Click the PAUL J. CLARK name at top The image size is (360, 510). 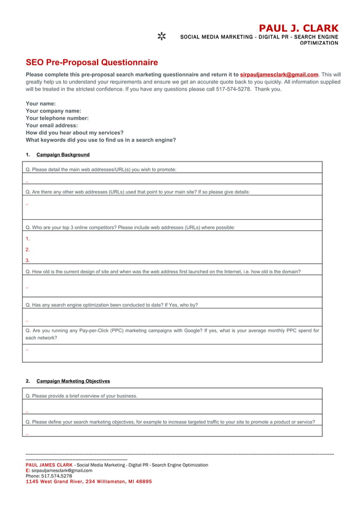click(x=298, y=28)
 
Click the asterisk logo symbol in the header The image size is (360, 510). click(x=161, y=37)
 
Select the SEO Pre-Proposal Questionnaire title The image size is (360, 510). click(x=91, y=63)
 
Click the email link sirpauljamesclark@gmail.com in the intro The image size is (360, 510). click(x=279, y=75)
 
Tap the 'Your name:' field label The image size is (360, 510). click(x=41, y=104)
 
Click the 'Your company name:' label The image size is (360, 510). click(x=53, y=111)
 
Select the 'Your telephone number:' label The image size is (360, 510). click(x=57, y=119)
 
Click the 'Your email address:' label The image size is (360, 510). click(x=51, y=125)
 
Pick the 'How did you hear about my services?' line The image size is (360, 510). click(x=74, y=133)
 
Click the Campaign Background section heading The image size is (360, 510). click(x=63, y=155)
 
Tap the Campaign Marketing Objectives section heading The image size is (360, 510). click(x=73, y=381)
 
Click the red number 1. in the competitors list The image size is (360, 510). click(x=28, y=239)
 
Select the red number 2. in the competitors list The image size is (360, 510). click(x=28, y=250)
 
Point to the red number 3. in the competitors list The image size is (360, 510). click(x=28, y=260)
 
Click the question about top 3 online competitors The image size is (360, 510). click(x=130, y=228)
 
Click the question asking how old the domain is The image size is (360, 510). click(x=163, y=272)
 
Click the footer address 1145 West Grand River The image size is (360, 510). click(x=89, y=482)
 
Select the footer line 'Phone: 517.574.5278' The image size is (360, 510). click(x=49, y=476)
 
